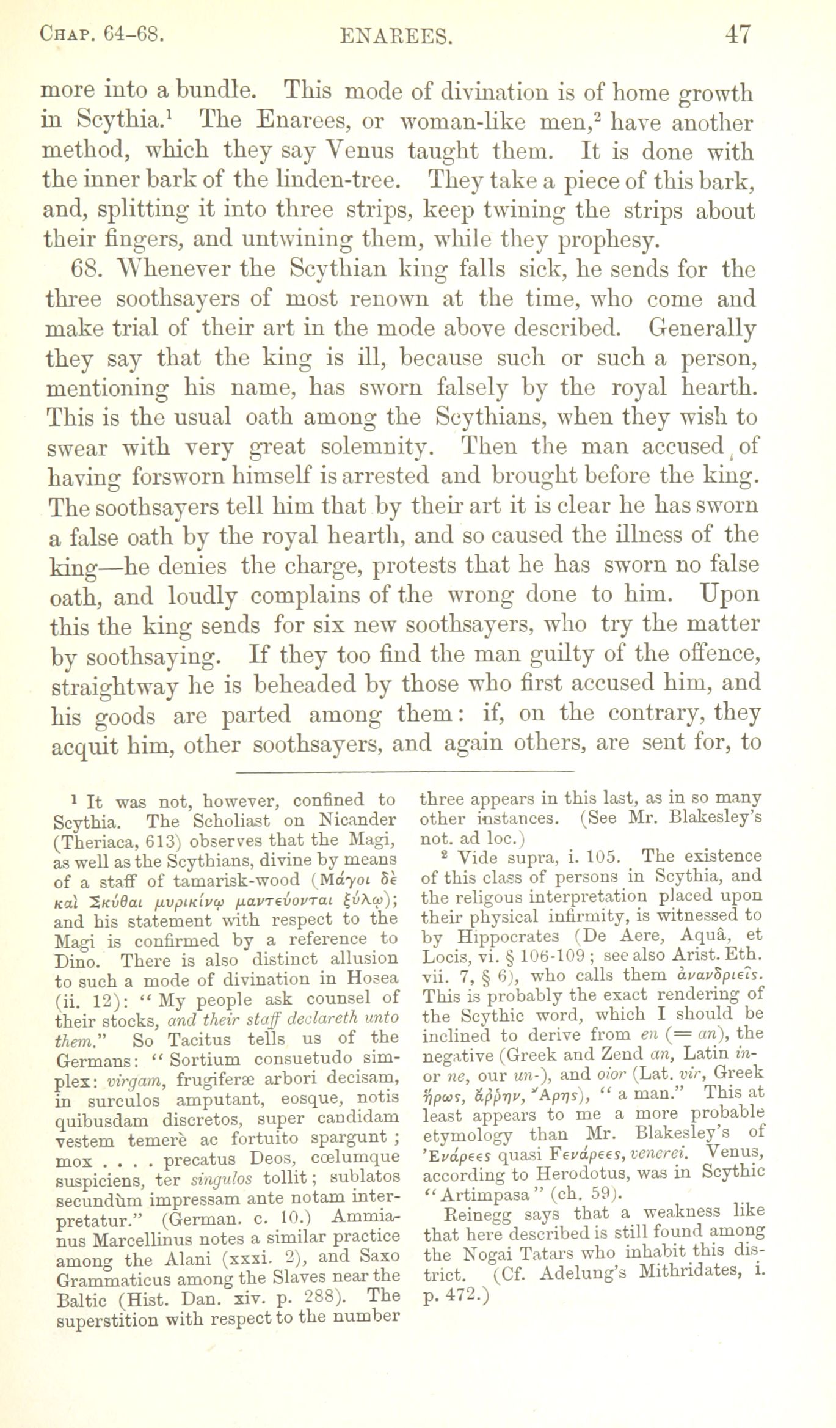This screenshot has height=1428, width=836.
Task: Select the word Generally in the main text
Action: pyautogui.click(x=702, y=329)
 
